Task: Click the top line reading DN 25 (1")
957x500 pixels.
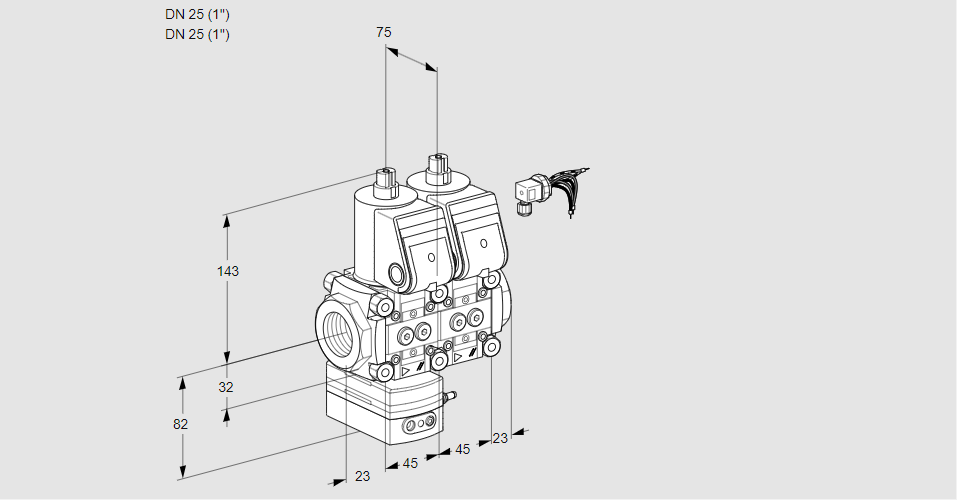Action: click(197, 15)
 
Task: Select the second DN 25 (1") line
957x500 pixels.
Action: click(197, 34)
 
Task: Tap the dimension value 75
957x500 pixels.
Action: click(383, 32)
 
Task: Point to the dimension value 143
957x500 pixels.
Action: click(230, 272)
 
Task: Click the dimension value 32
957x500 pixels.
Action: click(225, 387)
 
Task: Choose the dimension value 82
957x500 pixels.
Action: click(180, 424)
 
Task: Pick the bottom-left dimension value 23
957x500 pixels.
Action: click(362, 476)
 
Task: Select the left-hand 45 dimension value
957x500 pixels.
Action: click(410, 463)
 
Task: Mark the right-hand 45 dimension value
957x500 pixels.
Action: click(462, 449)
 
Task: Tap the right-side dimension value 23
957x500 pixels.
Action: click(500, 437)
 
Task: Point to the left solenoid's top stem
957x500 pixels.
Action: click(384, 183)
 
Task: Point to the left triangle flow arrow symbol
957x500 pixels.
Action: click(407, 370)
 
